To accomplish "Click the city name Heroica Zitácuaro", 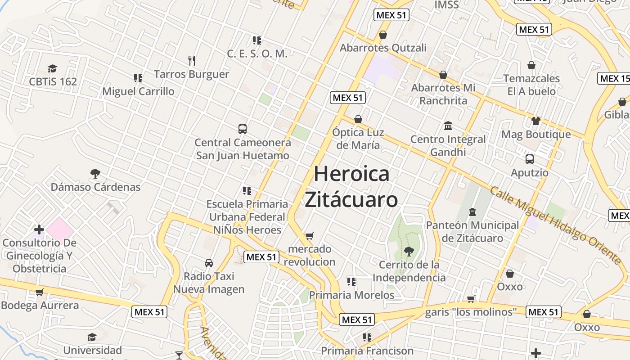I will [x=351, y=186].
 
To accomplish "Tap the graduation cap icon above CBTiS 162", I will [x=53, y=69].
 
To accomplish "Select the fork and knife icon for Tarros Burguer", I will [x=192, y=61].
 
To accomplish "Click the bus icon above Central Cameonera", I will [x=243, y=129].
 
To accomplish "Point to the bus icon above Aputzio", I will [x=530, y=159].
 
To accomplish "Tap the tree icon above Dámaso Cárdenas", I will [x=95, y=173].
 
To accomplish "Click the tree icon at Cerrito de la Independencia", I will [x=409, y=251].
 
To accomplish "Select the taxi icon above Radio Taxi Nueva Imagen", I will [x=209, y=263].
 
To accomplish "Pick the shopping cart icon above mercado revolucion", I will [x=309, y=236].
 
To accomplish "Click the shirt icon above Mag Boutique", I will [x=535, y=121].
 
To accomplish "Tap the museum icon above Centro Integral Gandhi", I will [x=448, y=126].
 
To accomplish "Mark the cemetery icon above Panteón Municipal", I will [x=472, y=211].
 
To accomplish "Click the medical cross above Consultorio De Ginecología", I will [x=39, y=229].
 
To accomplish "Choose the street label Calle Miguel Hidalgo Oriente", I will [x=556, y=225].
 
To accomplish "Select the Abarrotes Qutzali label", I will [x=383, y=48].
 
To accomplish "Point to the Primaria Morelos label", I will [x=352, y=295].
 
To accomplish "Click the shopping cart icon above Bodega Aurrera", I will [x=40, y=292].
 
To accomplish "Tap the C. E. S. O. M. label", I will [x=257, y=54].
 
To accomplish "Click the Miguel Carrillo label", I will [x=138, y=91].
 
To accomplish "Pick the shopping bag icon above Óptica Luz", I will [x=358, y=119].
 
